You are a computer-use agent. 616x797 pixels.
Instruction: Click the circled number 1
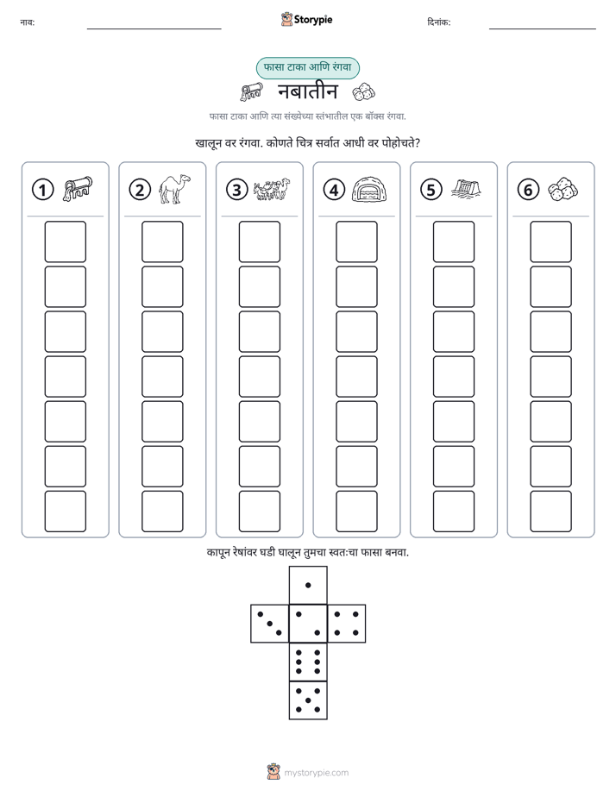click(x=42, y=190)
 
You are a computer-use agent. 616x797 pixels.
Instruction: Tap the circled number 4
click(x=334, y=190)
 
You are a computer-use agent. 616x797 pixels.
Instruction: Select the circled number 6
click(x=528, y=190)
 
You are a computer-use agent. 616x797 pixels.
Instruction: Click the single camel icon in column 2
click(x=174, y=190)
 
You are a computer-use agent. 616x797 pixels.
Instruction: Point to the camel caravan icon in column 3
click(x=272, y=189)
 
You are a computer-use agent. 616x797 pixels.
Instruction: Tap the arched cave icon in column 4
click(x=369, y=190)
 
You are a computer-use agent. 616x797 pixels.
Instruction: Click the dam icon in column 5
click(x=466, y=189)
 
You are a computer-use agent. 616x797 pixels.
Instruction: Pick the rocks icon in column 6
click(x=563, y=189)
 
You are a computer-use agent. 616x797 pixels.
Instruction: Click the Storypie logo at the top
click(x=306, y=20)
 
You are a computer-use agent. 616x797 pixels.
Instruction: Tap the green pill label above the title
click(x=307, y=67)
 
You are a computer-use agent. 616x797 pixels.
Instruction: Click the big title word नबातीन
click(x=307, y=91)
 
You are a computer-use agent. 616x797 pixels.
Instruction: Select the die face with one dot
click(x=308, y=585)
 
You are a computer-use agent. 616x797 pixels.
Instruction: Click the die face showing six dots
click(x=308, y=662)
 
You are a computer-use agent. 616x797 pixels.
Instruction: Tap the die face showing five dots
click(x=308, y=700)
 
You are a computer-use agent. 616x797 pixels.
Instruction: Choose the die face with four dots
click(x=347, y=624)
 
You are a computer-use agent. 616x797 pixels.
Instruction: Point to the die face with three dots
click(x=269, y=624)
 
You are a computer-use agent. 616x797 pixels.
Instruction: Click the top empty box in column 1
click(x=65, y=242)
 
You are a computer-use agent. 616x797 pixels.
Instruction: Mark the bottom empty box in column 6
click(x=551, y=511)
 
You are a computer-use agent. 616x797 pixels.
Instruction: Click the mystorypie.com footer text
click(x=316, y=773)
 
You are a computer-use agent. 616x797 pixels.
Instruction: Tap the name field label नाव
click(x=28, y=22)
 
